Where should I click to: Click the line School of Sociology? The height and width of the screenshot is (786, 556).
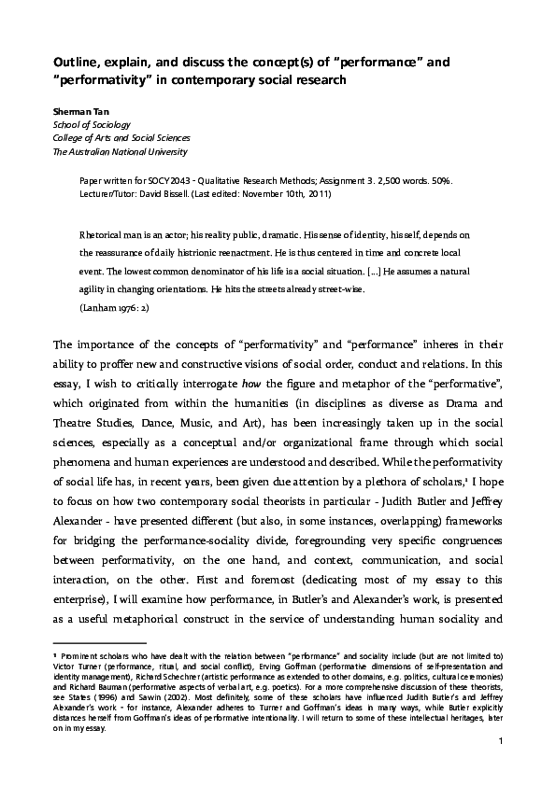click(x=92, y=124)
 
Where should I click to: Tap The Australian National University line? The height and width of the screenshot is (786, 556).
click(x=120, y=151)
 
